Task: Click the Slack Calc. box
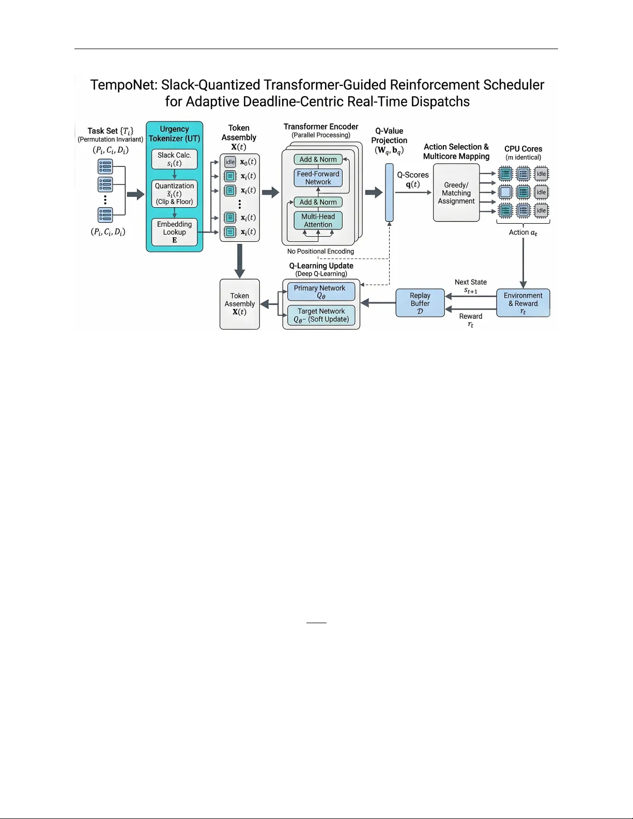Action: click(174, 159)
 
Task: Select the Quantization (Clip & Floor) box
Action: click(174, 194)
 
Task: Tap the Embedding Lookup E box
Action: click(174, 232)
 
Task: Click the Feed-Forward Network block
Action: click(318, 178)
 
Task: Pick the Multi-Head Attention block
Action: click(318, 221)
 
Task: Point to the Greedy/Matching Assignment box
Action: click(456, 193)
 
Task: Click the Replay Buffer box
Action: click(420, 303)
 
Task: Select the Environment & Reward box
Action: click(523, 303)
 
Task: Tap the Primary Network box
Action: click(321, 291)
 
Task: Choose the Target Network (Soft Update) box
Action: click(321, 315)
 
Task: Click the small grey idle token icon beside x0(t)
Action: click(230, 162)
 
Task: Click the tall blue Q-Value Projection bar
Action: click(389, 192)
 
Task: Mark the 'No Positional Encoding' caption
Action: click(320, 252)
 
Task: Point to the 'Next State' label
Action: click(470, 282)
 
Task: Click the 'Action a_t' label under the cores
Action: click(523, 233)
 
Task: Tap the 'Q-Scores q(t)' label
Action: click(412, 179)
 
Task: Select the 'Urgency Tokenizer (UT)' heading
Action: click(174, 134)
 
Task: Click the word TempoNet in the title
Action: click(123, 85)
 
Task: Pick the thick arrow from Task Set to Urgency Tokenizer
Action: click(135, 194)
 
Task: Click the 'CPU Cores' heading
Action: click(523, 149)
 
